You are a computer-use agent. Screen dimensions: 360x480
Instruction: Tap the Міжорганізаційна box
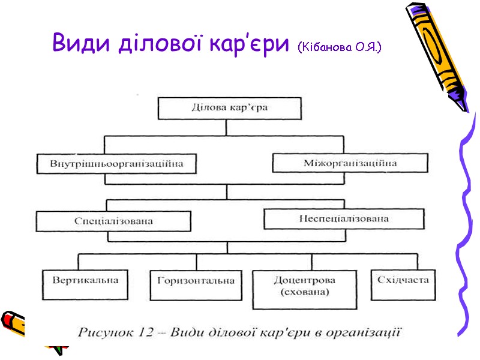[x=350, y=163]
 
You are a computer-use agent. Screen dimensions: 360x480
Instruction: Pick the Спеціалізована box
[x=113, y=221]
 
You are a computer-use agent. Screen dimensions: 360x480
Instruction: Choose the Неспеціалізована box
[x=335, y=218]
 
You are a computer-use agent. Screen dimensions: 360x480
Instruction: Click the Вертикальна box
[x=85, y=284]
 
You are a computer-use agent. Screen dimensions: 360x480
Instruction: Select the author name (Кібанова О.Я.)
[x=339, y=46]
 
